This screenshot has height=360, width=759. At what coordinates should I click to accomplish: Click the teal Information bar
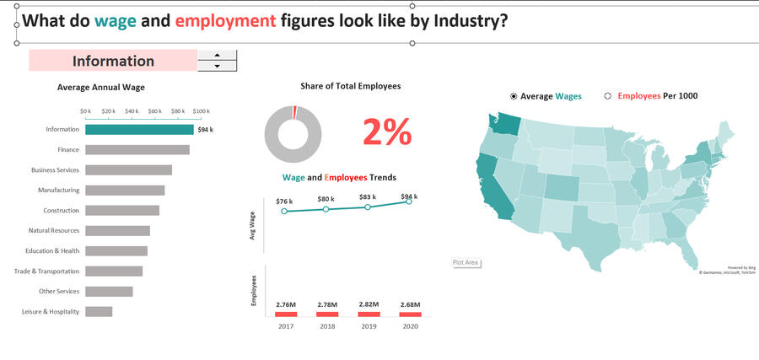click(x=139, y=130)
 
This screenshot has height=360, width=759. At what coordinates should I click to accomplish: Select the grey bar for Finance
click(x=137, y=150)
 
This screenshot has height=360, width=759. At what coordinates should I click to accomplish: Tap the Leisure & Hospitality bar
click(x=99, y=312)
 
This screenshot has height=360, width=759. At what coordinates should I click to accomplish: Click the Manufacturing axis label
click(x=59, y=191)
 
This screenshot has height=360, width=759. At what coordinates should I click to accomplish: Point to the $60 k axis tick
click(x=154, y=111)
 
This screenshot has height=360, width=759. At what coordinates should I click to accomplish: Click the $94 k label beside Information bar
click(x=206, y=130)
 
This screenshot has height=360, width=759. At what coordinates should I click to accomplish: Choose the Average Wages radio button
click(x=514, y=97)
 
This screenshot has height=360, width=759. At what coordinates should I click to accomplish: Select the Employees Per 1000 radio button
click(x=607, y=97)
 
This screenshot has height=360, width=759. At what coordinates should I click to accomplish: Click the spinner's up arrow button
click(x=218, y=56)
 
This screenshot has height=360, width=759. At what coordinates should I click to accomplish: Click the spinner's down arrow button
click(x=218, y=66)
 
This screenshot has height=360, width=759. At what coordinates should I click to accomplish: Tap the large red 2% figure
click(x=387, y=133)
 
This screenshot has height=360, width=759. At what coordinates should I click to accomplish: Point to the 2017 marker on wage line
click(x=284, y=211)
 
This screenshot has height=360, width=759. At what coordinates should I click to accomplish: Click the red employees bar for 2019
click(x=368, y=314)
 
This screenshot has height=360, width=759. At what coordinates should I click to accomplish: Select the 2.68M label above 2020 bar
click(x=410, y=304)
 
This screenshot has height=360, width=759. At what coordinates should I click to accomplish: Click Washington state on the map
click(x=506, y=124)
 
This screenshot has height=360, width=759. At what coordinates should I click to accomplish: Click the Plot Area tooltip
click(x=466, y=263)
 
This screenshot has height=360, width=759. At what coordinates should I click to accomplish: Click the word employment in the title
click(x=220, y=20)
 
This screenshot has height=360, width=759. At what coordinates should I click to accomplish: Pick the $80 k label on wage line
click(x=326, y=199)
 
